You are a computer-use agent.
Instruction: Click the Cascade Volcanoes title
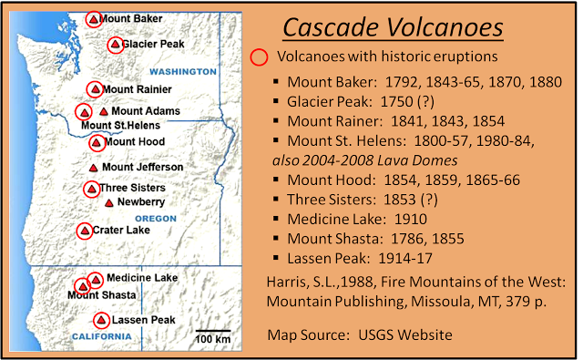(x=392, y=28)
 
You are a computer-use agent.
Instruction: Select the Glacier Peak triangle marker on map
(x=115, y=45)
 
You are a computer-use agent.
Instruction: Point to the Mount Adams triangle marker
(x=103, y=111)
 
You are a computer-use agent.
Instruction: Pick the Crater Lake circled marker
(x=85, y=231)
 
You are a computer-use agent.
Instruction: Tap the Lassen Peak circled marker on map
(x=101, y=320)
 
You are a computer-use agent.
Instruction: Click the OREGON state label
(x=156, y=219)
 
